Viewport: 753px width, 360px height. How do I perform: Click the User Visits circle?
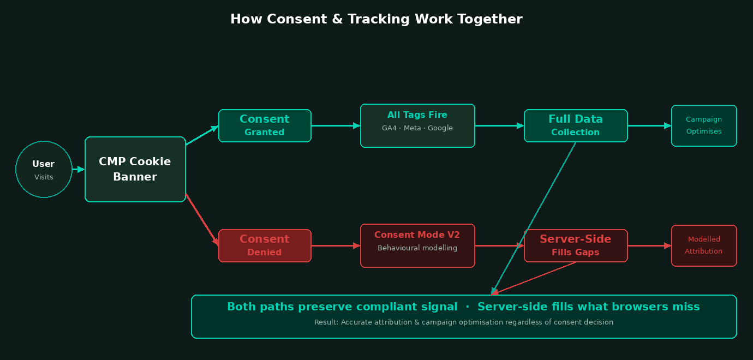coord(44,170)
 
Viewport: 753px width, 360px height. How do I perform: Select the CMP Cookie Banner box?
coord(135,169)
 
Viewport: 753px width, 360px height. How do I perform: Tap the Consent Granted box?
coord(265,125)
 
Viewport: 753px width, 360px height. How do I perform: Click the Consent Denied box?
coord(265,245)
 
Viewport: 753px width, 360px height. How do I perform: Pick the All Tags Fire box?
coord(417,125)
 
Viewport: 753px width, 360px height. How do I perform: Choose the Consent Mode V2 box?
coord(417,245)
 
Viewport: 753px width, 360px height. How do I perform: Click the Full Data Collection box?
coord(576,125)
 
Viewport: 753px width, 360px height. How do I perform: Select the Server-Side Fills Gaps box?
coord(576,245)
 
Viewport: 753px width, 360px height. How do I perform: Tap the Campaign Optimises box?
coord(704,125)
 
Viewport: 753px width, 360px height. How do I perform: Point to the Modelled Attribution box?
coord(704,245)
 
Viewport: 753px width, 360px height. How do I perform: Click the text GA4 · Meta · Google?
coord(417,128)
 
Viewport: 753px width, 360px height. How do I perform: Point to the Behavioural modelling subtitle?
coord(417,248)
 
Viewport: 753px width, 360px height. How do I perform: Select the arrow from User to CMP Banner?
coord(79,170)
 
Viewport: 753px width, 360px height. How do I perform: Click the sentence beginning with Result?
coord(464,322)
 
